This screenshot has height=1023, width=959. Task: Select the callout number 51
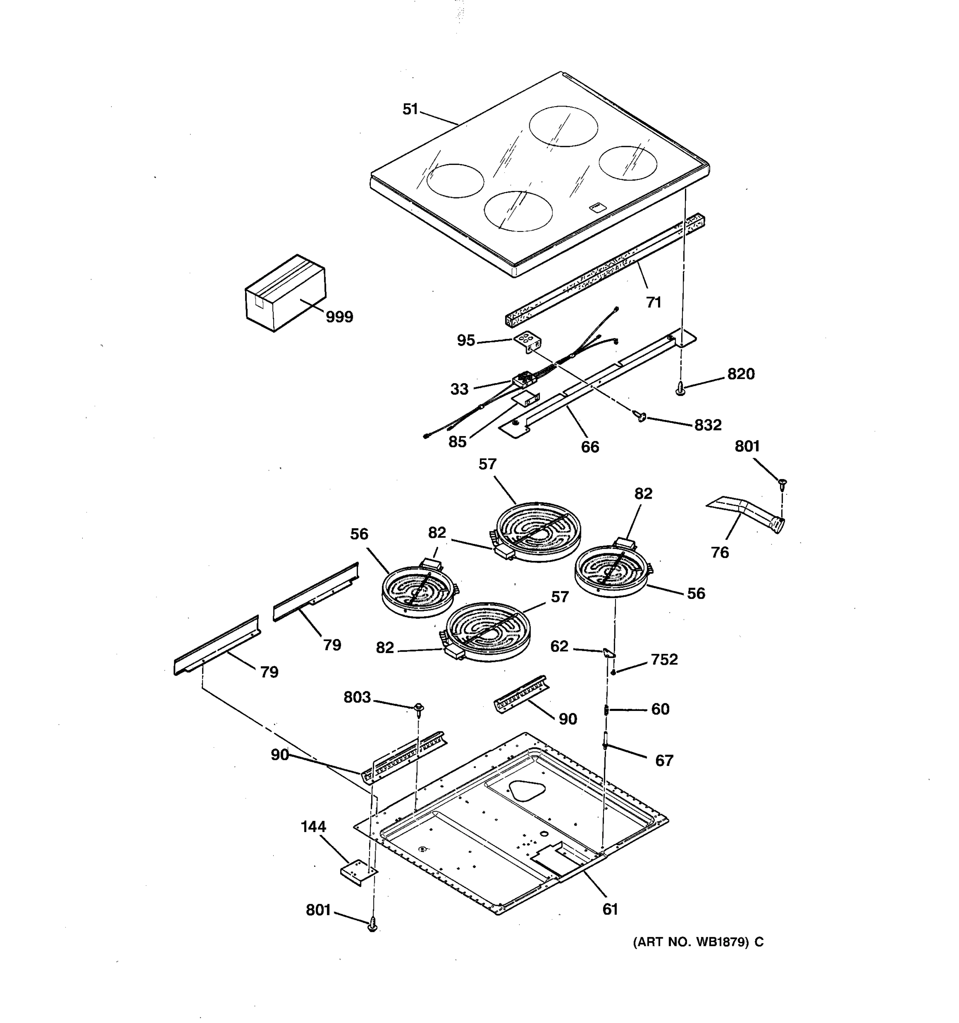[x=410, y=109]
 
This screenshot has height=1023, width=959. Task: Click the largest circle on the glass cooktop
[x=564, y=126]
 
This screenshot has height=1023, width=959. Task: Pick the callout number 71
[x=653, y=302]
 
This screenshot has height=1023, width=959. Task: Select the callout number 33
[x=459, y=389]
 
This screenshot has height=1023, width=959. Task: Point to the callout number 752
[x=664, y=660]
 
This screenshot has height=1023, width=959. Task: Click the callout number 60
[x=660, y=709]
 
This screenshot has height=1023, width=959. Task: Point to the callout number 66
[x=590, y=447]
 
